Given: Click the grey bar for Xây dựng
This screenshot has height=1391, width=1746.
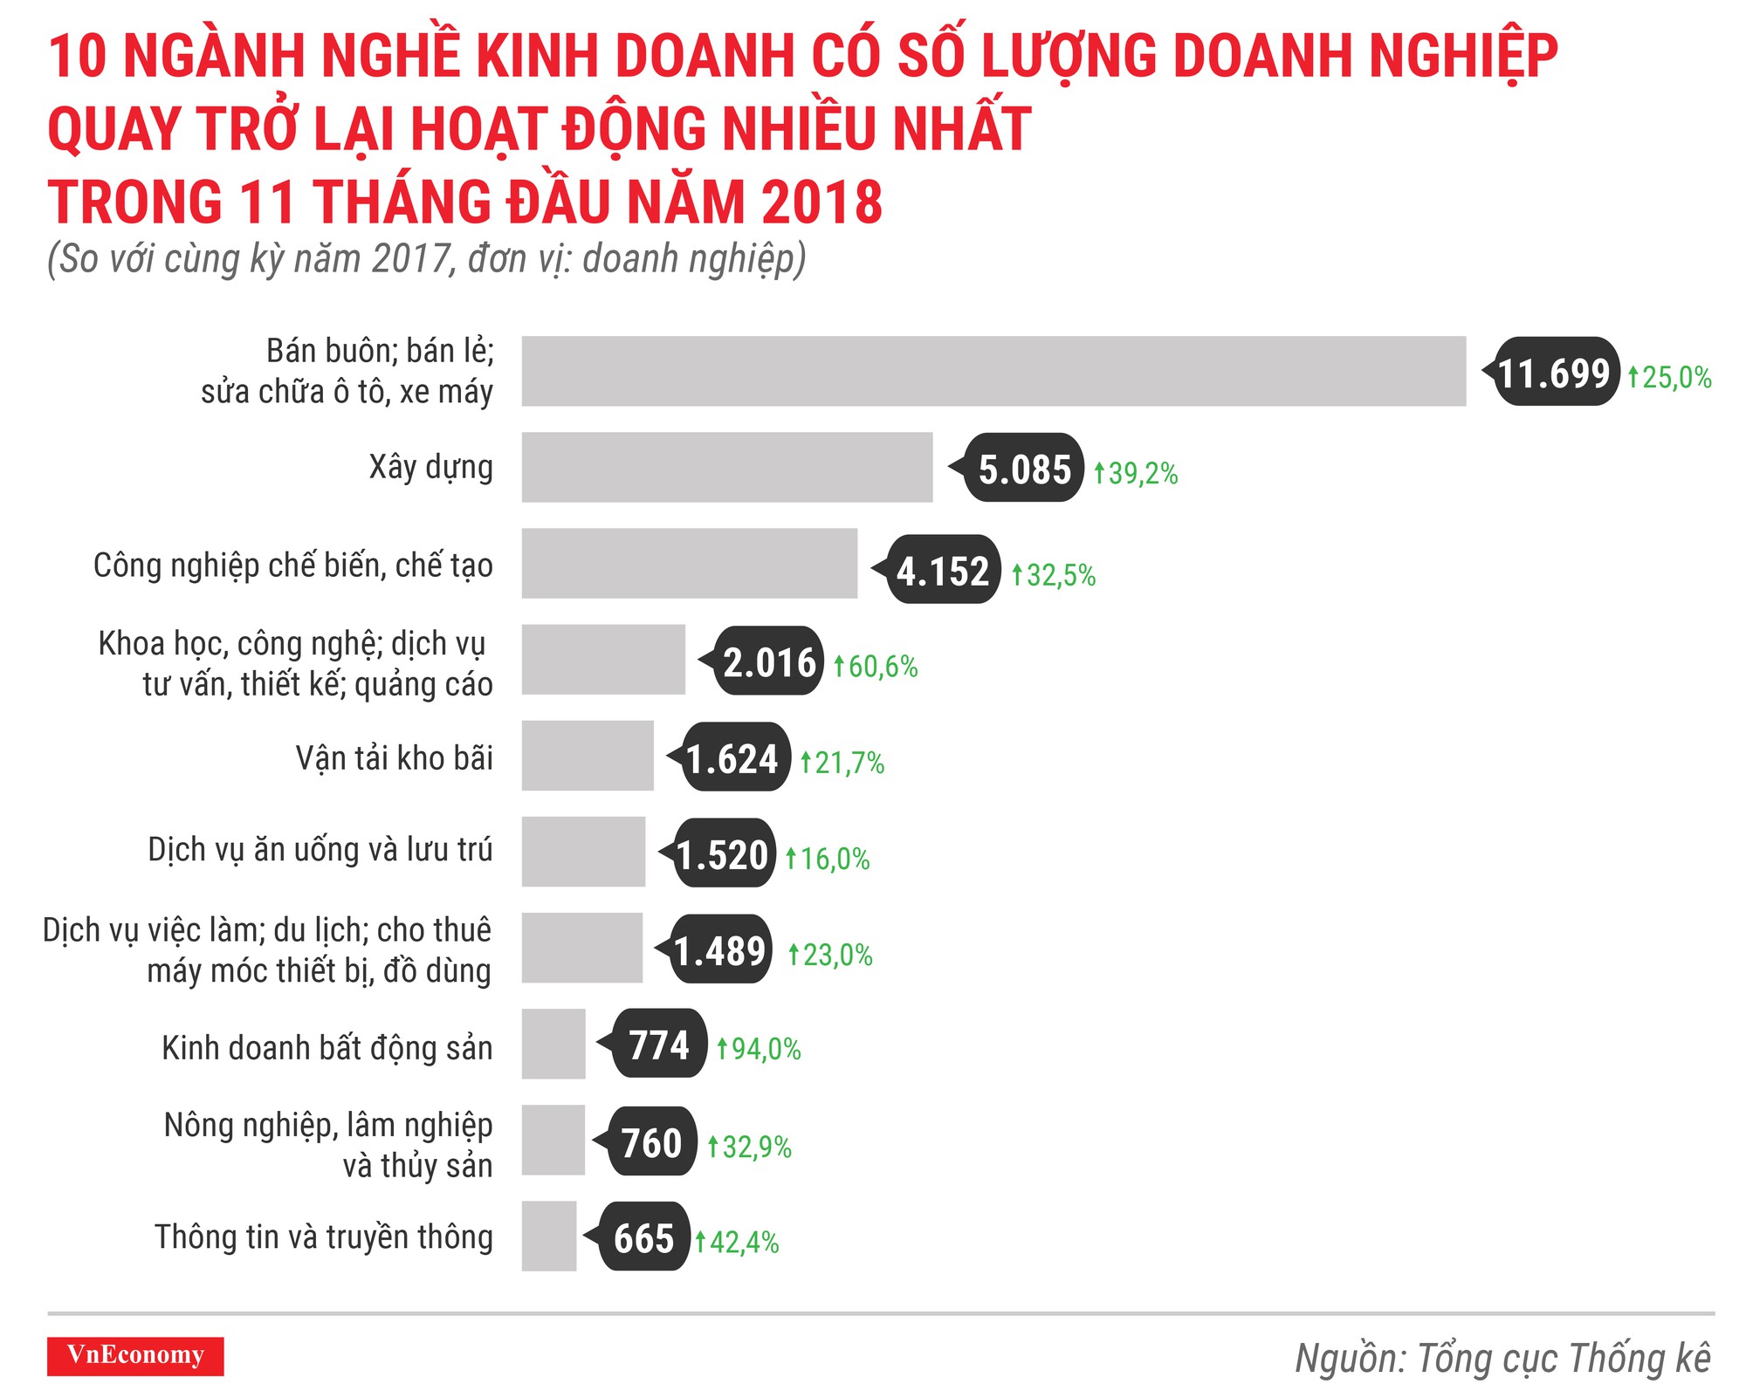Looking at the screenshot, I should pyautogui.click(x=726, y=467).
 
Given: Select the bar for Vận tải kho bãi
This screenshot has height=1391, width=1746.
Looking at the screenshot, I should pyautogui.click(x=588, y=756).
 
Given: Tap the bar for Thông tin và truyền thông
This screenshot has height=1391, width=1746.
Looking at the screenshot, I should pyautogui.click(x=549, y=1236).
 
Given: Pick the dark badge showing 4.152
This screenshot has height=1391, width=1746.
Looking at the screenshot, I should pyautogui.click(x=943, y=570).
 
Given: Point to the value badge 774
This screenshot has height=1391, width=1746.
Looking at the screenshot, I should pyautogui.click(x=659, y=1044).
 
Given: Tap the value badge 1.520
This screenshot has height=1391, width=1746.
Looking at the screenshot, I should pyautogui.click(x=724, y=853).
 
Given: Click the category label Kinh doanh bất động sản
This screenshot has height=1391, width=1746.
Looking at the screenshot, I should pyautogui.click(x=327, y=1047).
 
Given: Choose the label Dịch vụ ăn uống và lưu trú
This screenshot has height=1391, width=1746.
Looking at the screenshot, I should pyautogui.click(x=320, y=849).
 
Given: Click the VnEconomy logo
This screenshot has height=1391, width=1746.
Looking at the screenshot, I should pyautogui.click(x=135, y=1355).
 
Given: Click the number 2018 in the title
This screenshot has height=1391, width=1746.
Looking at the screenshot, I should pyautogui.click(x=820, y=202).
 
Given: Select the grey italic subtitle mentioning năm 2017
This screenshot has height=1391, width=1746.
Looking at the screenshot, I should pyautogui.click(x=426, y=259).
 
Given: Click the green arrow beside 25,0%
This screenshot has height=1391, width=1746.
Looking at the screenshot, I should pyautogui.click(x=1633, y=377).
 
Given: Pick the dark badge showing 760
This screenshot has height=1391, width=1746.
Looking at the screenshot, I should pyautogui.click(x=650, y=1141).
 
